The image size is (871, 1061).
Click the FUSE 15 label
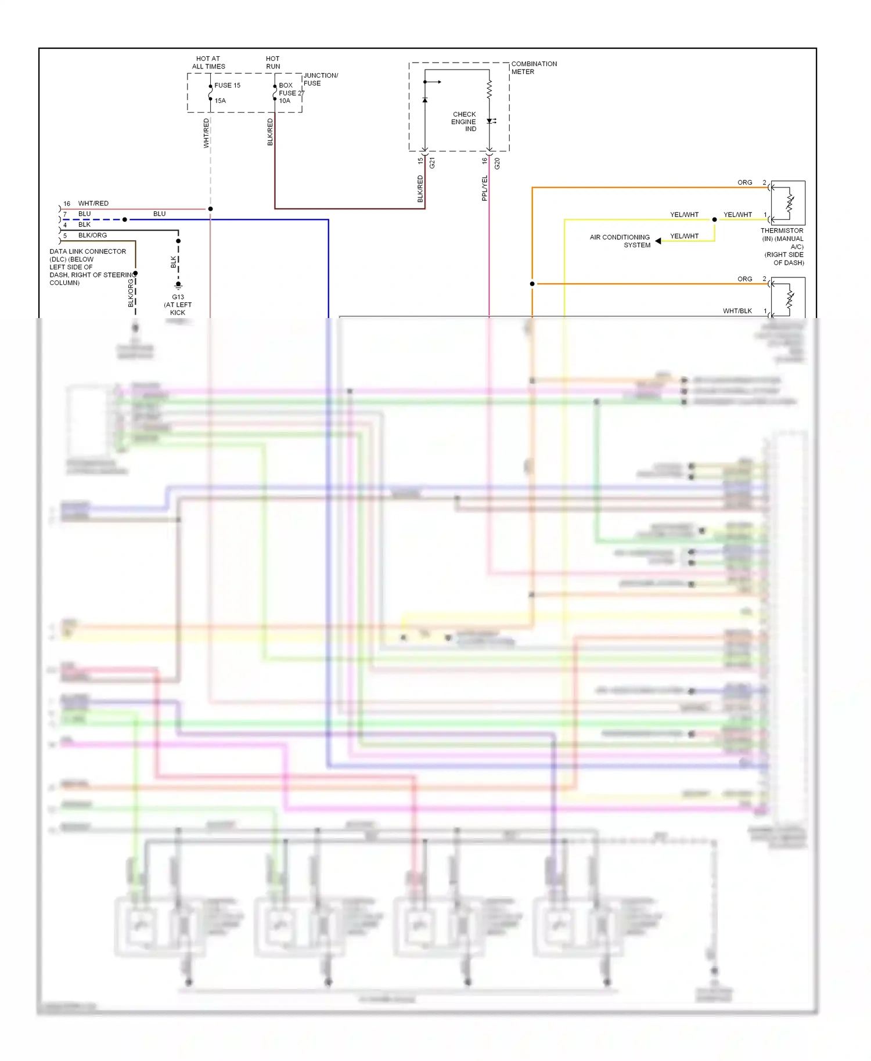point(227,85)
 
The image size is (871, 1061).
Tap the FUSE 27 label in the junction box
point(291,93)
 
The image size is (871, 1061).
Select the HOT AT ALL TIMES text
point(208,63)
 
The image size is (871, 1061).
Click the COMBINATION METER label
point(533,68)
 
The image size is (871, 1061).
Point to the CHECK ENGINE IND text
point(464,122)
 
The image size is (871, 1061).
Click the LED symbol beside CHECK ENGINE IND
point(491,121)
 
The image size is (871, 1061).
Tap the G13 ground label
point(178,297)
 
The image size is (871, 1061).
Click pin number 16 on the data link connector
point(67,204)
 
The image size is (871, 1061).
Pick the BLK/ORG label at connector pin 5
point(92,236)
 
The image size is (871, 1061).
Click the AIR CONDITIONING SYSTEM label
point(620,241)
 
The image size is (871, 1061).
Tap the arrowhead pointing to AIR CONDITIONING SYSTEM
point(658,241)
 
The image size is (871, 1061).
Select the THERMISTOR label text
point(782,231)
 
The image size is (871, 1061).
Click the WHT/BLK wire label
point(737,311)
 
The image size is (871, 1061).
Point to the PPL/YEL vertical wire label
point(484,189)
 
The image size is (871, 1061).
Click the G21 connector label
point(432,164)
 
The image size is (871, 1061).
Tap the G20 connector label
point(497,164)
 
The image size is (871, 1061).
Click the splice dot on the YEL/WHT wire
point(714,219)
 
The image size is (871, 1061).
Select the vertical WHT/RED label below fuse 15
point(206,133)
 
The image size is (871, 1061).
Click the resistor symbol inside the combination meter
point(489,89)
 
